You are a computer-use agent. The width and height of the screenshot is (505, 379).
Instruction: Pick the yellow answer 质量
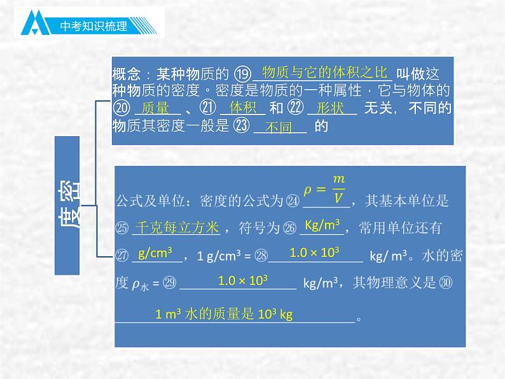click(x=155, y=108)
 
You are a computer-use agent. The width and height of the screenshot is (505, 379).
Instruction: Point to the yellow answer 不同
click(x=278, y=127)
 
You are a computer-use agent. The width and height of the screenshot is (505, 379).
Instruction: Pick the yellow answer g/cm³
click(x=155, y=253)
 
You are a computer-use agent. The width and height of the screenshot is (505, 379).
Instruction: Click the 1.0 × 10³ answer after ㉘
click(x=314, y=252)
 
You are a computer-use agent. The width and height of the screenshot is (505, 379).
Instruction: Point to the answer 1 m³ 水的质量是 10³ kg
click(x=223, y=314)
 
